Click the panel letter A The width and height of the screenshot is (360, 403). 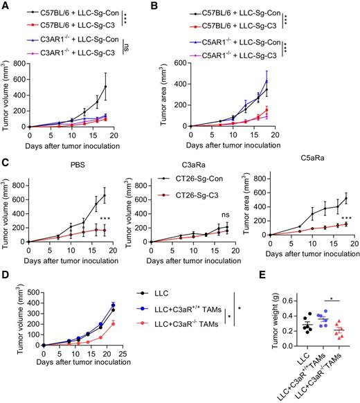[5, 6]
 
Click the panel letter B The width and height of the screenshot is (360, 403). [183, 6]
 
